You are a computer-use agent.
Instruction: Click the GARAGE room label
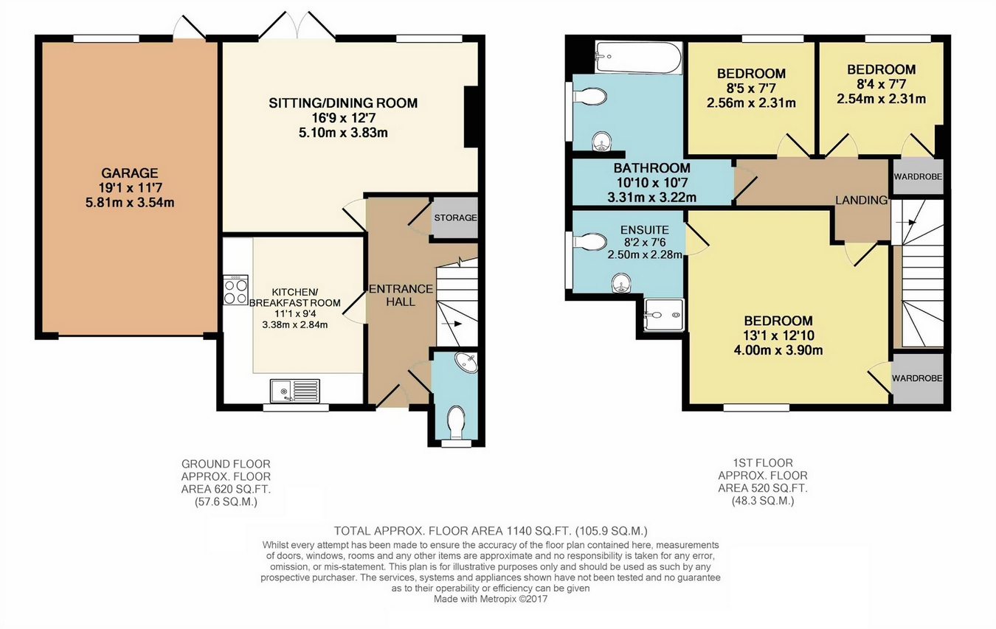[x=129, y=173]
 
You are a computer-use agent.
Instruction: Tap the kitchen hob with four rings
[x=235, y=290]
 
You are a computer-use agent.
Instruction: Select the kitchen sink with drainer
[x=295, y=391]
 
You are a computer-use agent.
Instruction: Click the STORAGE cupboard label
[x=455, y=218]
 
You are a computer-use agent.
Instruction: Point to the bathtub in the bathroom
[x=638, y=58]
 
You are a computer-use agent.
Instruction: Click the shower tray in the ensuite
[x=664, y=314]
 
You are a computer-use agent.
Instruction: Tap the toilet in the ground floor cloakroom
[x=456, y=423]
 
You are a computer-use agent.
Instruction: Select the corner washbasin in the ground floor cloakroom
[x=466, y=363]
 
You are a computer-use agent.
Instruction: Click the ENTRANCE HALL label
[x=401, y=295]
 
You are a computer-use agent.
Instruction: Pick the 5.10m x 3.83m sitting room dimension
[x=343, y=133]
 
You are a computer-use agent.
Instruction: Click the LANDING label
[x=861, y=200]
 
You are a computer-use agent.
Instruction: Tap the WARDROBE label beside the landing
[x=918, y=176]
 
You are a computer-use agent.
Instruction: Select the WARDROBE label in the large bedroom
[x=917, y=378]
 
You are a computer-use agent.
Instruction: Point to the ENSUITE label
[x=644, y=230]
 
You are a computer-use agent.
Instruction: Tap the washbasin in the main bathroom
[x=602, y=142]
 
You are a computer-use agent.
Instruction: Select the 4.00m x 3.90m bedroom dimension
[x=778, y=350]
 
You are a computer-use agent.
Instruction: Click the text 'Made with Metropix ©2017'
[x=491, y=599]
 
